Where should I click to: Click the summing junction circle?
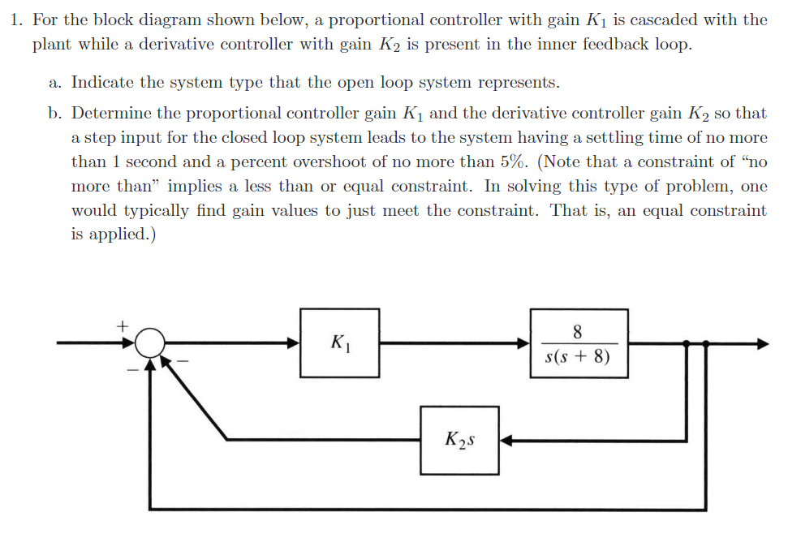[148, 343]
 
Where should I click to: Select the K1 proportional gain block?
[339, 343]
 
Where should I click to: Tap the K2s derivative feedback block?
[459, 441]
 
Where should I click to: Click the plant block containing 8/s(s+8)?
[579, 343]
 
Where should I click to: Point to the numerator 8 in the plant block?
[578, 331]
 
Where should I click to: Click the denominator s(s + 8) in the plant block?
[578, 356]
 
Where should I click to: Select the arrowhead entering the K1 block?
[293, 343]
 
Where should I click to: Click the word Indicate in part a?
[101, 82]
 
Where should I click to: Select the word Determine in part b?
[109, 114]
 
